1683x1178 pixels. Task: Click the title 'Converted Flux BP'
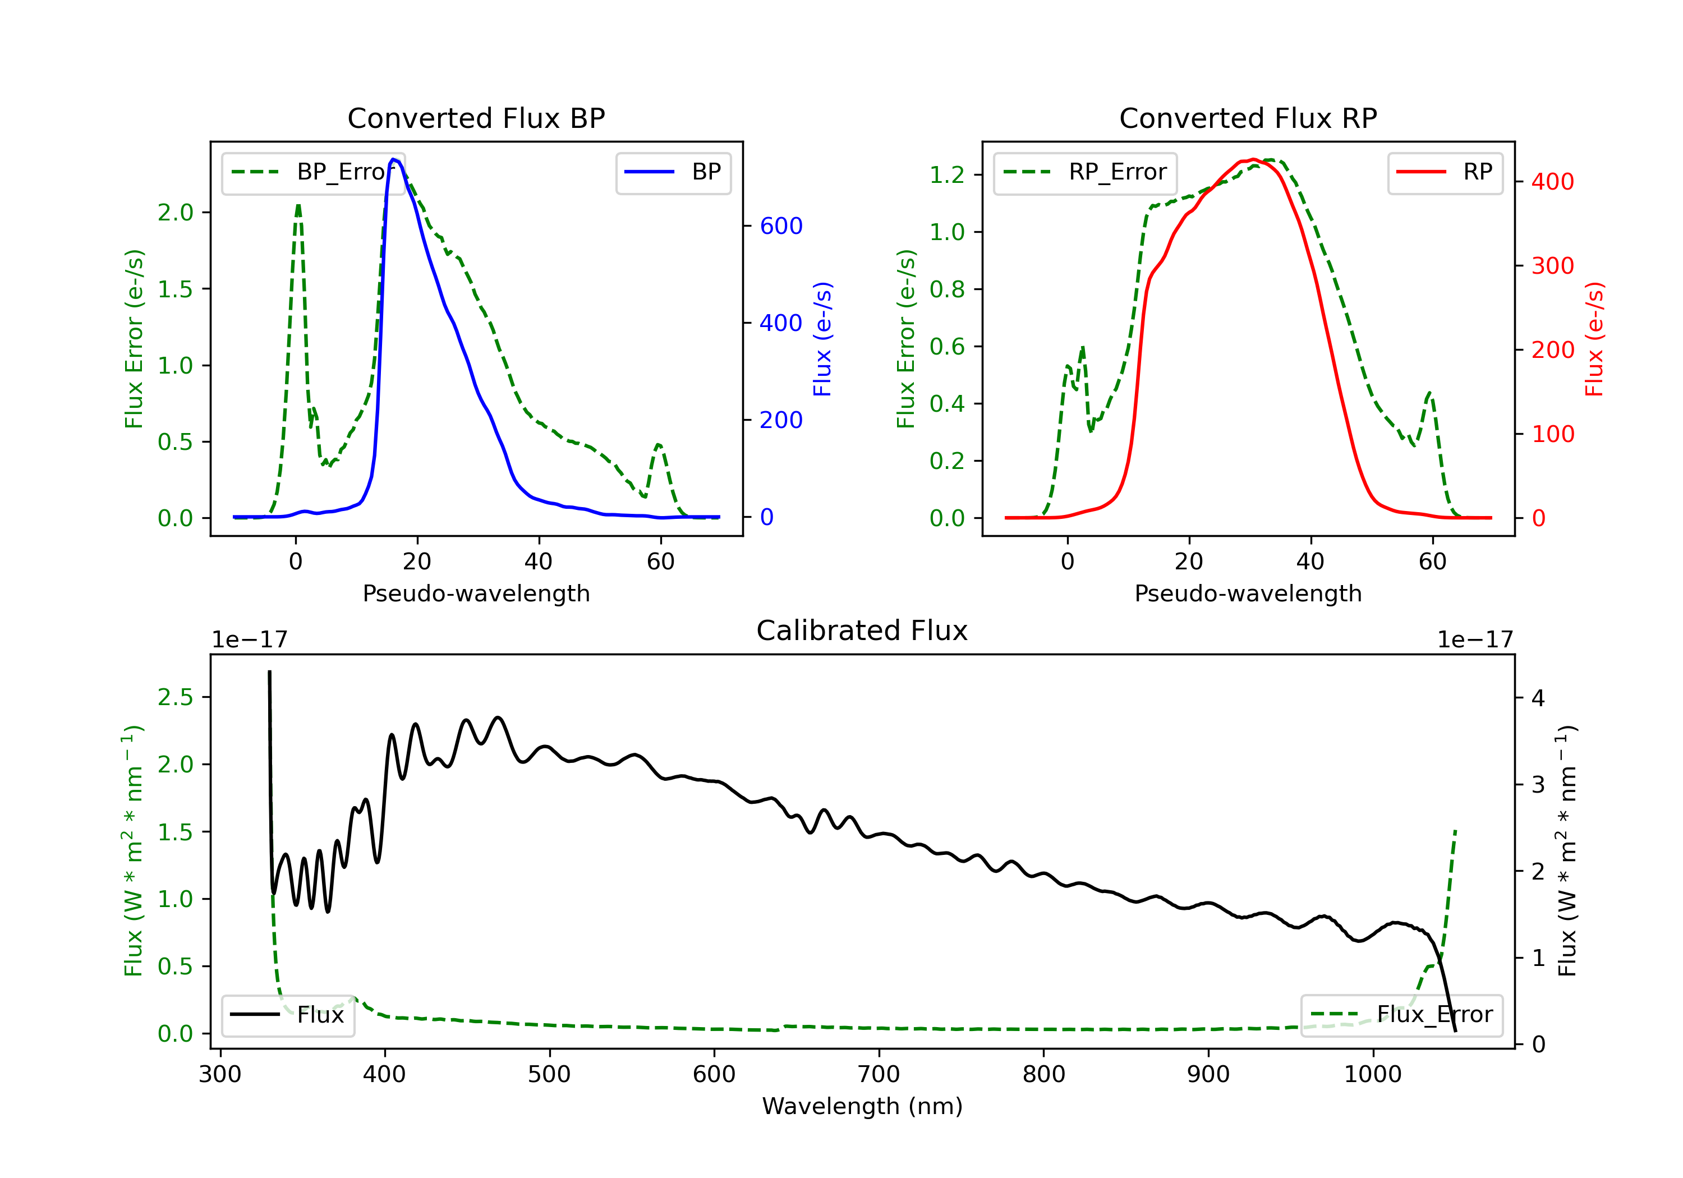pos(476,118)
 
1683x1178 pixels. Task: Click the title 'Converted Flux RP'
pos(1248,118)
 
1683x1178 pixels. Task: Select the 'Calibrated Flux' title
pos(862,631)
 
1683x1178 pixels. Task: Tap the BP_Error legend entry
pos(313,172)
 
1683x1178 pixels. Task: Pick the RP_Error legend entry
pos(1085,172)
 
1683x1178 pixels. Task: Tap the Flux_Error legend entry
pos(1401,1015)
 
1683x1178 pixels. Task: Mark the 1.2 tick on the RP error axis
pos(947,174)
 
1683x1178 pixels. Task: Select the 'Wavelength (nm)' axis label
pos(862,1106)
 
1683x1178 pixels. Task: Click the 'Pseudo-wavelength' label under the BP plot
pos(476,593)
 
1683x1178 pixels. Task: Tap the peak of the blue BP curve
pos(394,159)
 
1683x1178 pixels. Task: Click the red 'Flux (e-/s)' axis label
pos(1594,339)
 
